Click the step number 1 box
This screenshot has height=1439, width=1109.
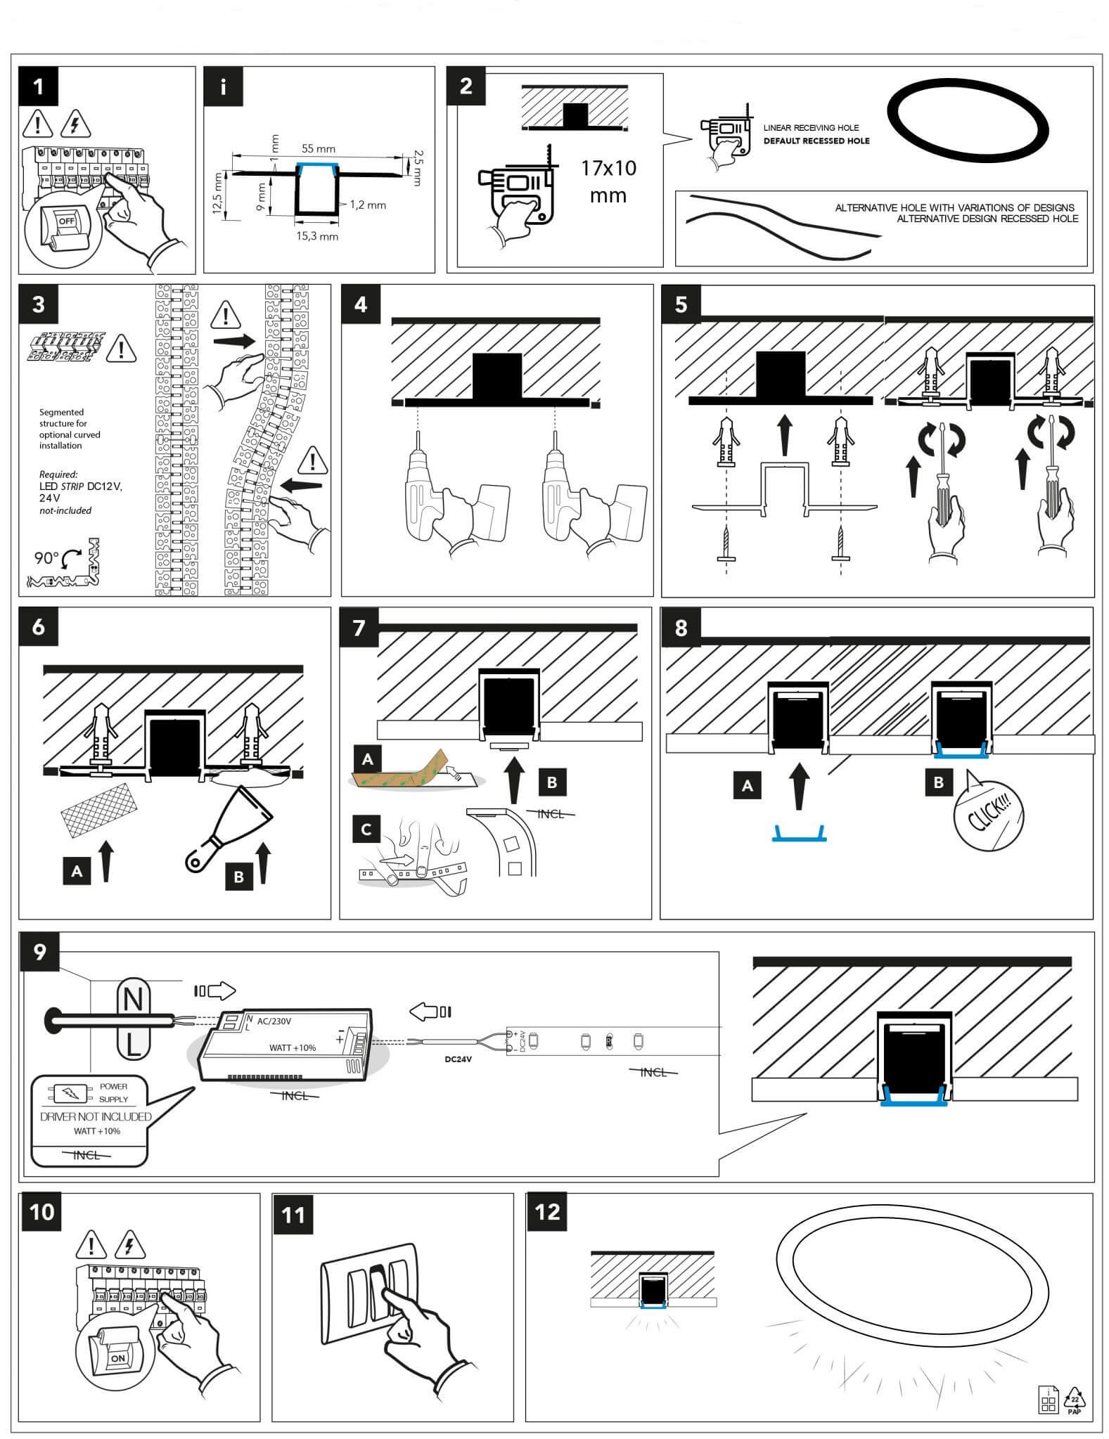pos(39,86)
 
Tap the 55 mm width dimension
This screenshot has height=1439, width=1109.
pos(318,149)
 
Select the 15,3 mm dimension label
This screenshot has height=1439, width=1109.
pos(316,236)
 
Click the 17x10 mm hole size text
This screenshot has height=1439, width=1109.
pos(608,181)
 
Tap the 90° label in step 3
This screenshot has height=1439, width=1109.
pos(47,558)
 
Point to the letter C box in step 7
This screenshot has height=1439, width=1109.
pos(366,830)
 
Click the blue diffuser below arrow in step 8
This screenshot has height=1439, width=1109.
pos(799,835)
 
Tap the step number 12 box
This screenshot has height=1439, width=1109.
pos(547,1212)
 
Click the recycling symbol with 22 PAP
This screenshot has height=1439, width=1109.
pos(1074,1399)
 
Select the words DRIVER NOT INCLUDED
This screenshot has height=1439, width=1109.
pos(96,1117)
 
